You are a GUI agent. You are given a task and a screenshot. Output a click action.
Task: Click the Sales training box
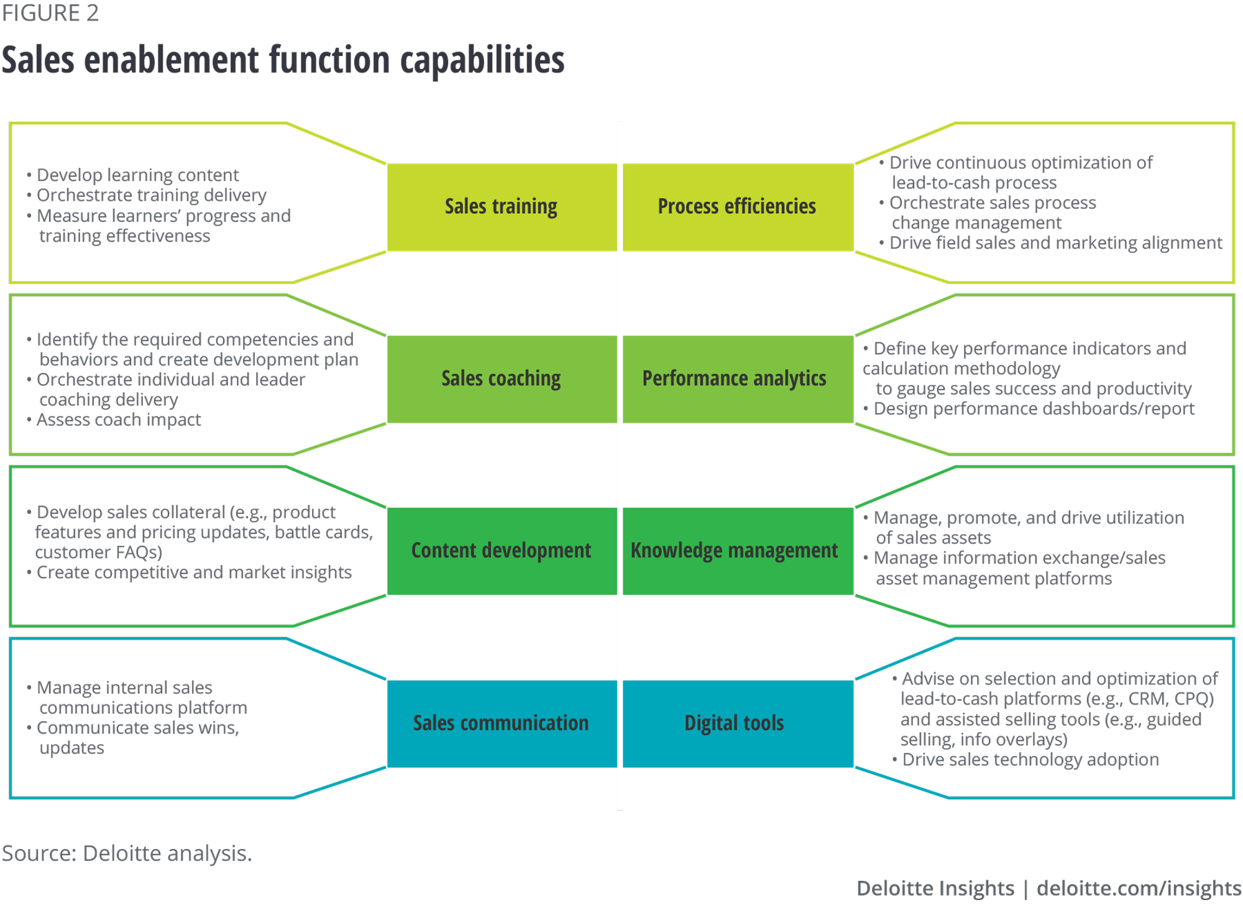[501, 207]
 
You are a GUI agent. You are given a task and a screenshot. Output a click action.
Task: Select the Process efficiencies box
[737, 207]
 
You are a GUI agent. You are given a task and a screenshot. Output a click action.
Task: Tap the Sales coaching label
[501, 379]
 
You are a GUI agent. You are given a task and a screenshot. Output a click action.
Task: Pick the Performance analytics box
[735, 379]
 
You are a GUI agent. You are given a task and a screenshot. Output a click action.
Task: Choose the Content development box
[501, 551]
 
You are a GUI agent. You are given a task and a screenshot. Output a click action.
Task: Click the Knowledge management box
[735, 551]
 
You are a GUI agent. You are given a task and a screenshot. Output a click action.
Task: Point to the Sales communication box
[501, 724]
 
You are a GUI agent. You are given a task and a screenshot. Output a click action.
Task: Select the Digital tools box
[735, 724]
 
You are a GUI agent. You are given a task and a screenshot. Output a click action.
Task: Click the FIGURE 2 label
[50, 13]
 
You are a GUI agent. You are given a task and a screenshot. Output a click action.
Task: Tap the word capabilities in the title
[482, 60]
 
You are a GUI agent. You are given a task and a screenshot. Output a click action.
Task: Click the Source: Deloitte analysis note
[127, 853]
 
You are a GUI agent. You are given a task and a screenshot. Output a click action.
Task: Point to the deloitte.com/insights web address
[1139, 888]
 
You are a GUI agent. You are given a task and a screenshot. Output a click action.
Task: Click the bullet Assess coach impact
[118, 420]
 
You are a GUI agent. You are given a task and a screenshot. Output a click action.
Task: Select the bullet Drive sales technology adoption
[1030, 760]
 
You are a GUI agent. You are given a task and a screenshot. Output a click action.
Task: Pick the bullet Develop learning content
[137, 175]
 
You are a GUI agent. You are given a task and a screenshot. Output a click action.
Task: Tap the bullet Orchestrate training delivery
[151, 195]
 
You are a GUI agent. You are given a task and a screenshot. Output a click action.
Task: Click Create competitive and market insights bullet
[194, 572]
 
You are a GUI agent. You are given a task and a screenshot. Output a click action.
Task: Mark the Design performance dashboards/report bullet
[1034, 409]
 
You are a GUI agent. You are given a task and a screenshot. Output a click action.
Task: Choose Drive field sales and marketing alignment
[1055, 243]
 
